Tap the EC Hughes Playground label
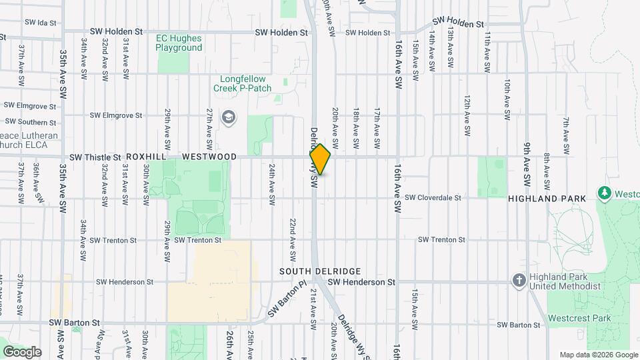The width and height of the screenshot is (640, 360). coord(179,43)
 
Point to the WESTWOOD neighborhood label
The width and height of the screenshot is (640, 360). coord(209,157)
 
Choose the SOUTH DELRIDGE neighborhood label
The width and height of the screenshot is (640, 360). coord(320,271)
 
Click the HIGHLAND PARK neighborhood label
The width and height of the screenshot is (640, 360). coord(547,199)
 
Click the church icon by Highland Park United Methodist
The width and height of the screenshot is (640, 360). coord(519,280)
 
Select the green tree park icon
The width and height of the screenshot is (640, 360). coord(605,193)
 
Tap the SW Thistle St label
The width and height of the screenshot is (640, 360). coord(95,157)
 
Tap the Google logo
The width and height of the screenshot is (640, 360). coord(22,352)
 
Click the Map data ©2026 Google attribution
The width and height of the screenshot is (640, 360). coord(598,355)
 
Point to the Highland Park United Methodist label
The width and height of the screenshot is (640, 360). coord(564,281)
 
